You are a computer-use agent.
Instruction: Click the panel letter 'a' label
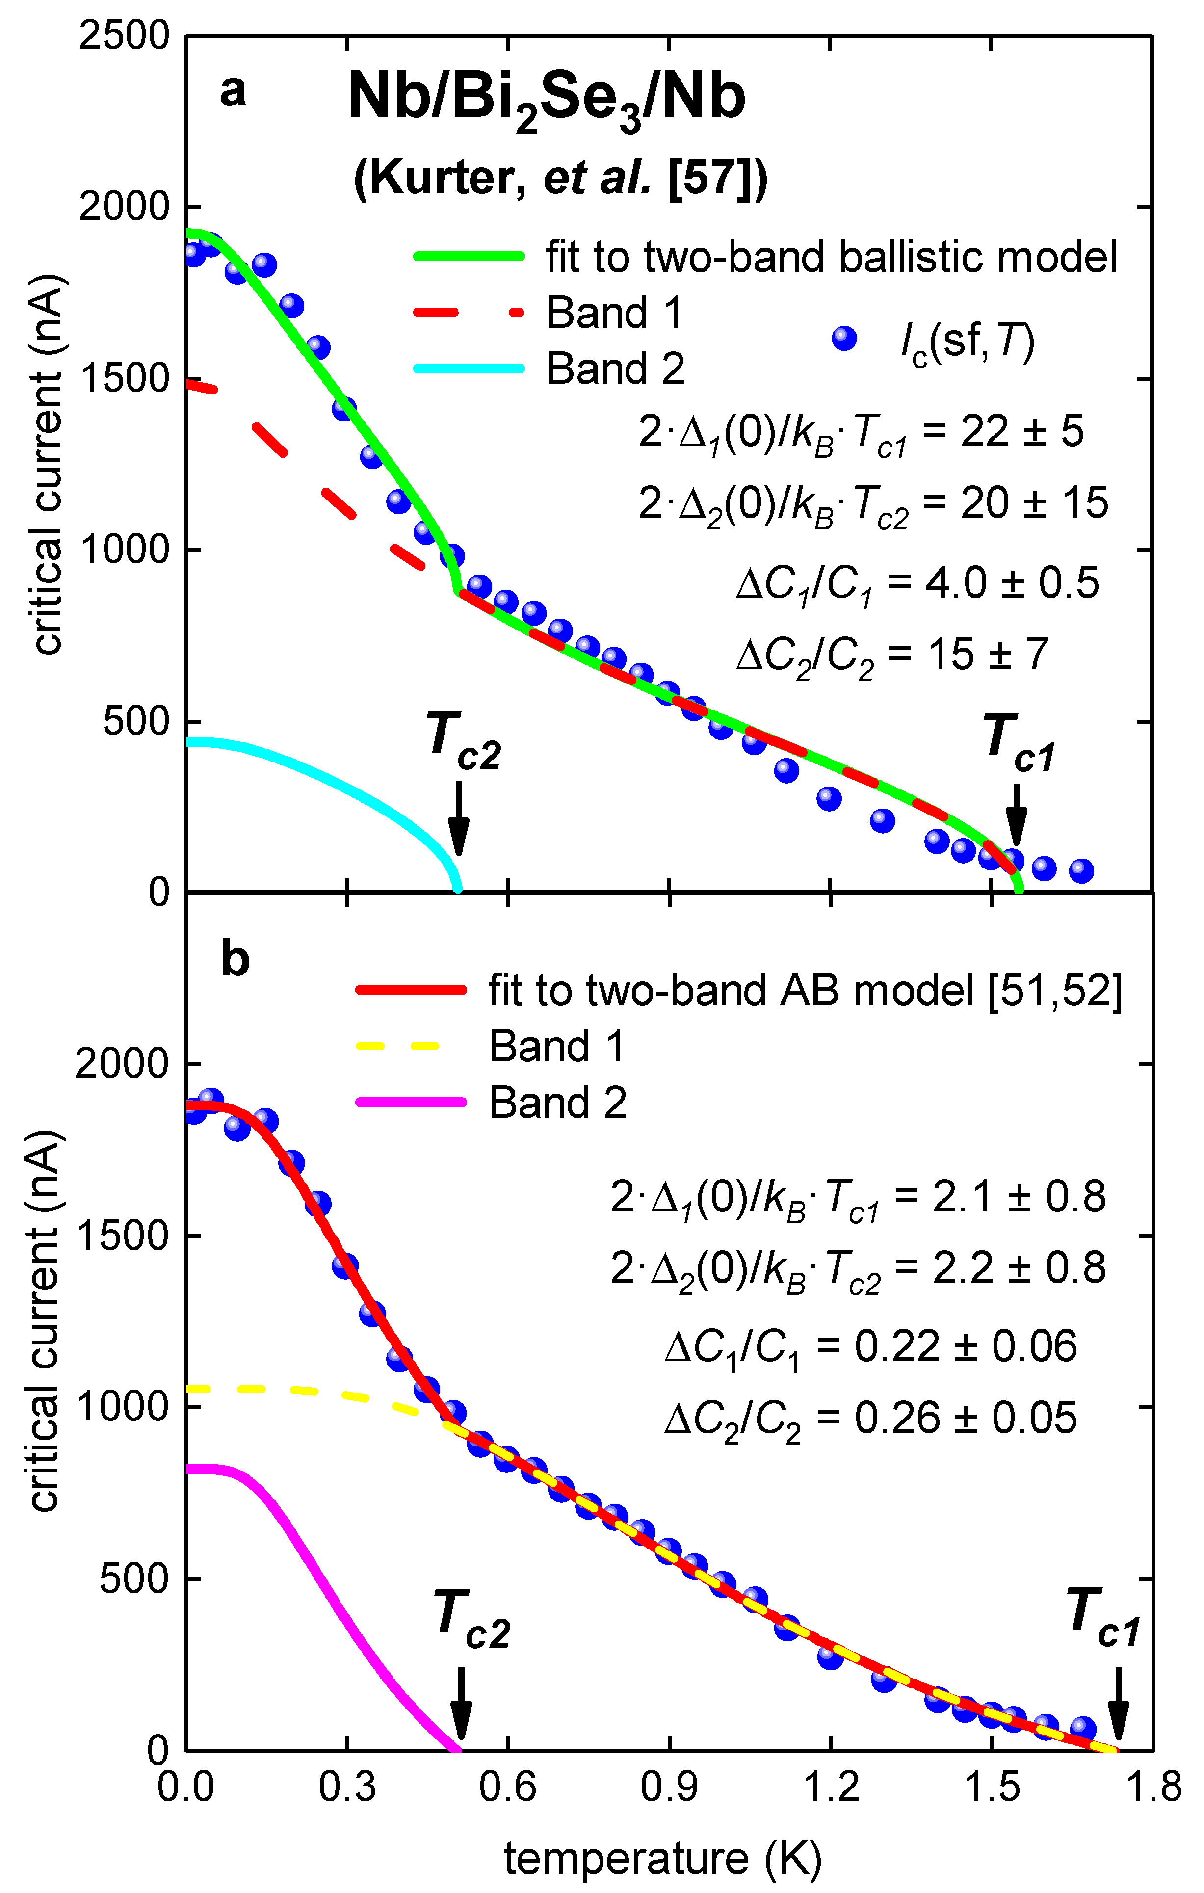click(x=233, y=91)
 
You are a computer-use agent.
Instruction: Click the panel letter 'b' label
click(x=235, y=960)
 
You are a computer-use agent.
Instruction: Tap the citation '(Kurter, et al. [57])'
click(x=560, y=179)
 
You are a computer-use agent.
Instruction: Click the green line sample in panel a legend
click(x=469, y=256)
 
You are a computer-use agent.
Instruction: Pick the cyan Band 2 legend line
click(x=469, y=368)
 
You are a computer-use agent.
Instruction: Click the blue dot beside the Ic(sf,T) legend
click(x=844, y=339)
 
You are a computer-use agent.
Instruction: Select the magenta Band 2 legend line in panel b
click(x=411, y=1102)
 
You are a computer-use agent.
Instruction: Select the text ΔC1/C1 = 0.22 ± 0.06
click(x=870, y=1346)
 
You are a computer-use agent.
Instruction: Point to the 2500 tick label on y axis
click(x=124, y=36)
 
